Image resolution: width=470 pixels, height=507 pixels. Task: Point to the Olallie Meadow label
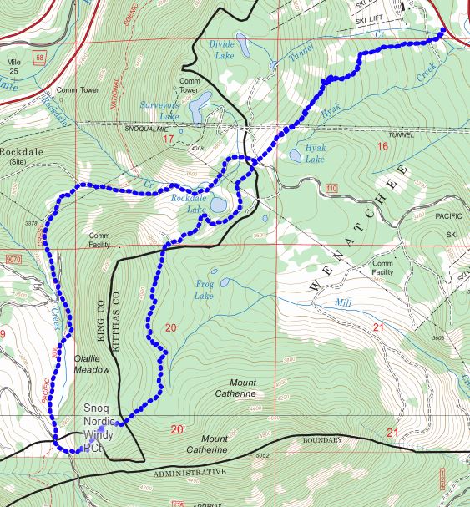(x=91, y=363)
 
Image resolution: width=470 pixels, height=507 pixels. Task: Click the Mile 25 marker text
(x=13, y=68)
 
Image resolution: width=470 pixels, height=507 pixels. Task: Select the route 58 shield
(x=40, y=57)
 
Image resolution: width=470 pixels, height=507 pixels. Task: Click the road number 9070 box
(x=11, y=259)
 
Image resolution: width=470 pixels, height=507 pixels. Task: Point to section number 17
(x=168, y=139)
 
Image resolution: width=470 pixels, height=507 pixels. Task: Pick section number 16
(x=382, y=147)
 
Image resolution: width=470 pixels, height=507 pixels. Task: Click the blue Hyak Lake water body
(x=296, y=155)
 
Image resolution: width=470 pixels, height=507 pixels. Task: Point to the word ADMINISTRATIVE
(x=189, y=473)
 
